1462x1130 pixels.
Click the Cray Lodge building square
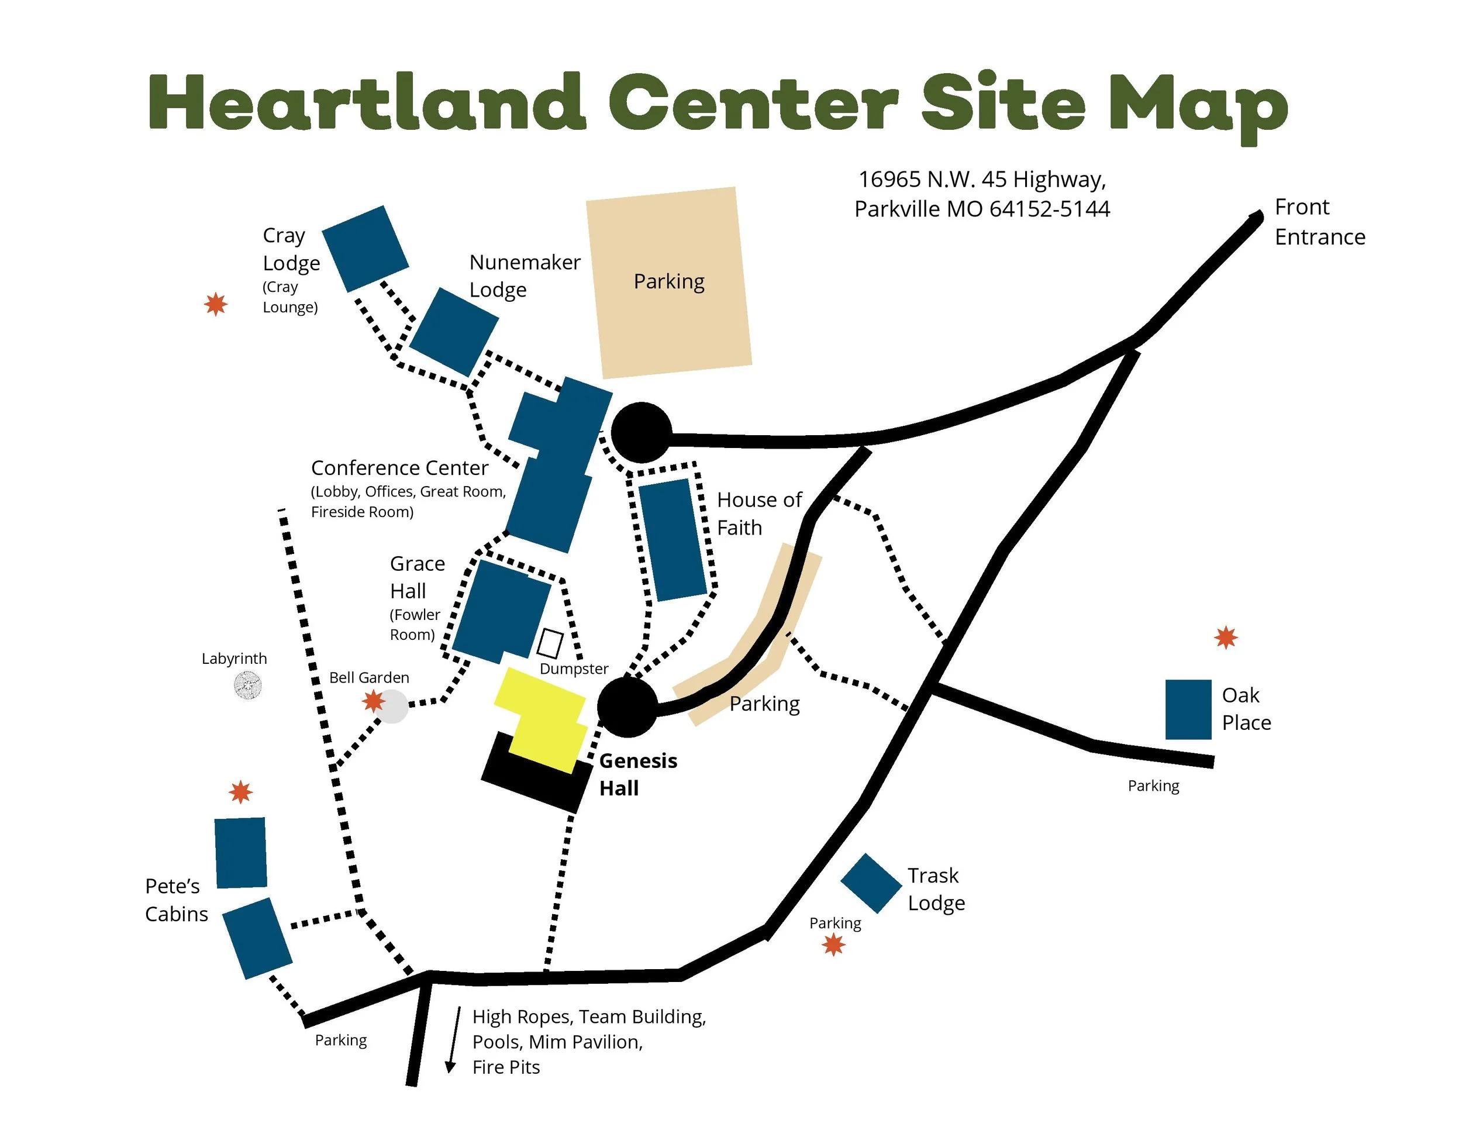click(365, 249)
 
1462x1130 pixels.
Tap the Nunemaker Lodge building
click(453, 332)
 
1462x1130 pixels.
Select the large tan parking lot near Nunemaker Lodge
click(669, 282)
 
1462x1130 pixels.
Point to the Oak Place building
click(1188, 709)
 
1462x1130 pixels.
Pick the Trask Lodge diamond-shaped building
click(870, 883)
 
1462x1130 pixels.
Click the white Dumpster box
click(550, 643)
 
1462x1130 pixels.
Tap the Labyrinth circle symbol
click(248, 685)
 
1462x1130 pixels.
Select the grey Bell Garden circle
click(393, 707)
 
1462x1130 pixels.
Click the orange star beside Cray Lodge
click(216, 304)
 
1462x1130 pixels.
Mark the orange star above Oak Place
click(1225, 638)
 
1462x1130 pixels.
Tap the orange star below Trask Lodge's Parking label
click(833, 945)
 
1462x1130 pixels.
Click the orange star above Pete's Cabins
click(240, 792)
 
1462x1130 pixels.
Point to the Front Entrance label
click(1319, 222)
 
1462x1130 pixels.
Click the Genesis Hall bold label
click(637, 774)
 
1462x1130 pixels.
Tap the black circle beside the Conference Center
click(640, 432)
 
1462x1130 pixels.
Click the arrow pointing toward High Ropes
click(454, 1039)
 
